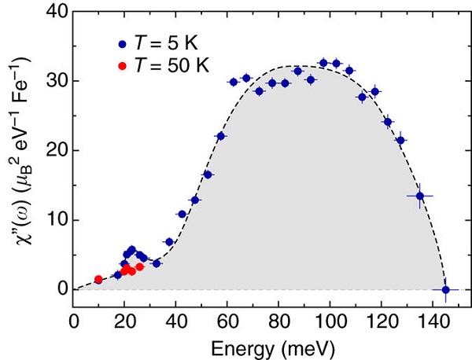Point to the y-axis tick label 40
pyautogui.click(x=54, y=12)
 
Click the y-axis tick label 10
pyautogui.click(x=54, y=220)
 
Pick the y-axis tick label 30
pyautogui.click(x=54, y=81)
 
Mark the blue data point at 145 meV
pyautogui.click(x=445, y=289)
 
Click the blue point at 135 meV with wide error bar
pyautogui.click(x=420, y=196)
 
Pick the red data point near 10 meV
pyautogui.click(x=98, y=280)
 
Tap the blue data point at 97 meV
pyautogui.click(x=323, y=63)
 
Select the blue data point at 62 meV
pyautogui.click(x=233, y=82)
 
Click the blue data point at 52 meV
pyautogui.click(x=208, y=174)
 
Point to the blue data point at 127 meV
pyautogui.click(x=400, y=141)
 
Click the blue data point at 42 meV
pyautogui.click(x=182, y=214)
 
